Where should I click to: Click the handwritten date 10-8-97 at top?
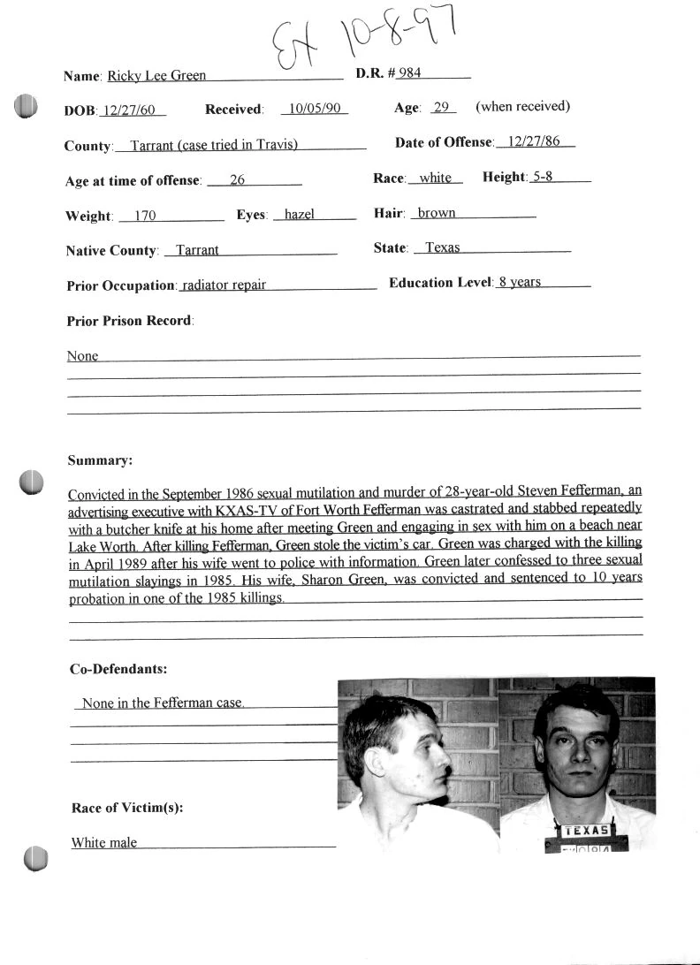tap(394, 37)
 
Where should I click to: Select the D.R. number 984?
tap(409, 72)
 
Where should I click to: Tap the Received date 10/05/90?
tap(314, 110)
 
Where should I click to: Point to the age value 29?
tap(442, 108)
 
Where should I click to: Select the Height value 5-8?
tap(542, 177)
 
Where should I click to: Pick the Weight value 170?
tap(145, 215)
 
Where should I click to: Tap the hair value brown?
tap(437, 213)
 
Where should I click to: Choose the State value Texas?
tap(442, 248)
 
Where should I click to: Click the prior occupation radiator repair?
tap(224, 285)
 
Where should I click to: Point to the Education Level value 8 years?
tap(519, 283)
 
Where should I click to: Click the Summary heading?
tap(100, 460)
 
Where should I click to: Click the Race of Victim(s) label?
tap(126, 808)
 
